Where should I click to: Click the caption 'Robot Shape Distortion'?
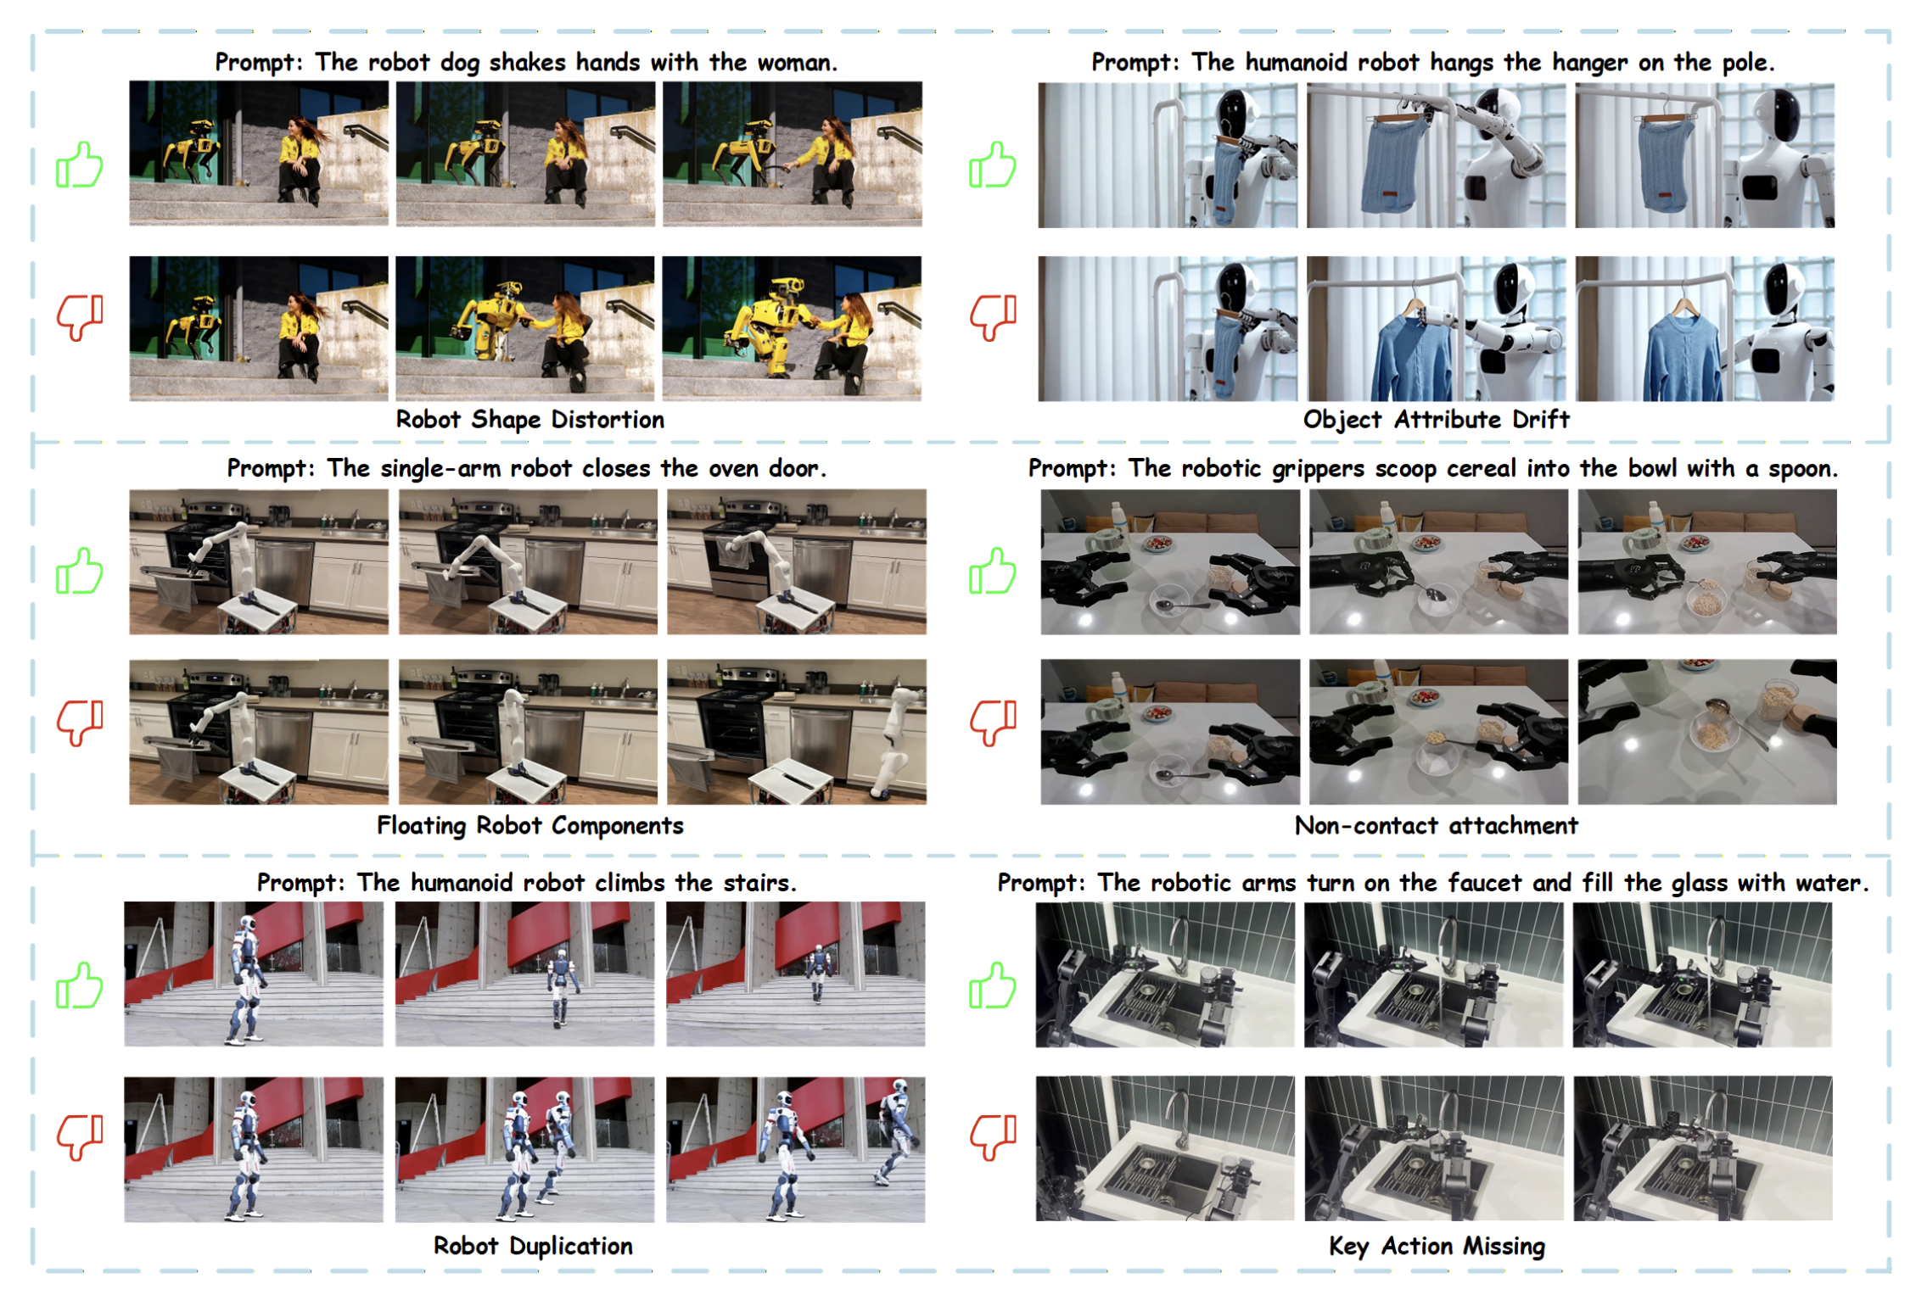529,420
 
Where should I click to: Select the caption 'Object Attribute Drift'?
1436,420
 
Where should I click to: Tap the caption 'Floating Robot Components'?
529,825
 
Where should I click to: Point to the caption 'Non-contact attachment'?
1436,825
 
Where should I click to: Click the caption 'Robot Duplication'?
533,1246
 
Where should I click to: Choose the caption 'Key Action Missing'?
1437,1247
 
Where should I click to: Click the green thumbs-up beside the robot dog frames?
80,165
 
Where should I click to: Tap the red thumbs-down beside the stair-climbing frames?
80,1136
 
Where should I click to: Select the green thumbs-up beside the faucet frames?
993,985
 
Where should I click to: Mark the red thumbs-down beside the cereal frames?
993,723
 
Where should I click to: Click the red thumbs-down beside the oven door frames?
80,723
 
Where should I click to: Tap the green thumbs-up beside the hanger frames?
993,165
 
